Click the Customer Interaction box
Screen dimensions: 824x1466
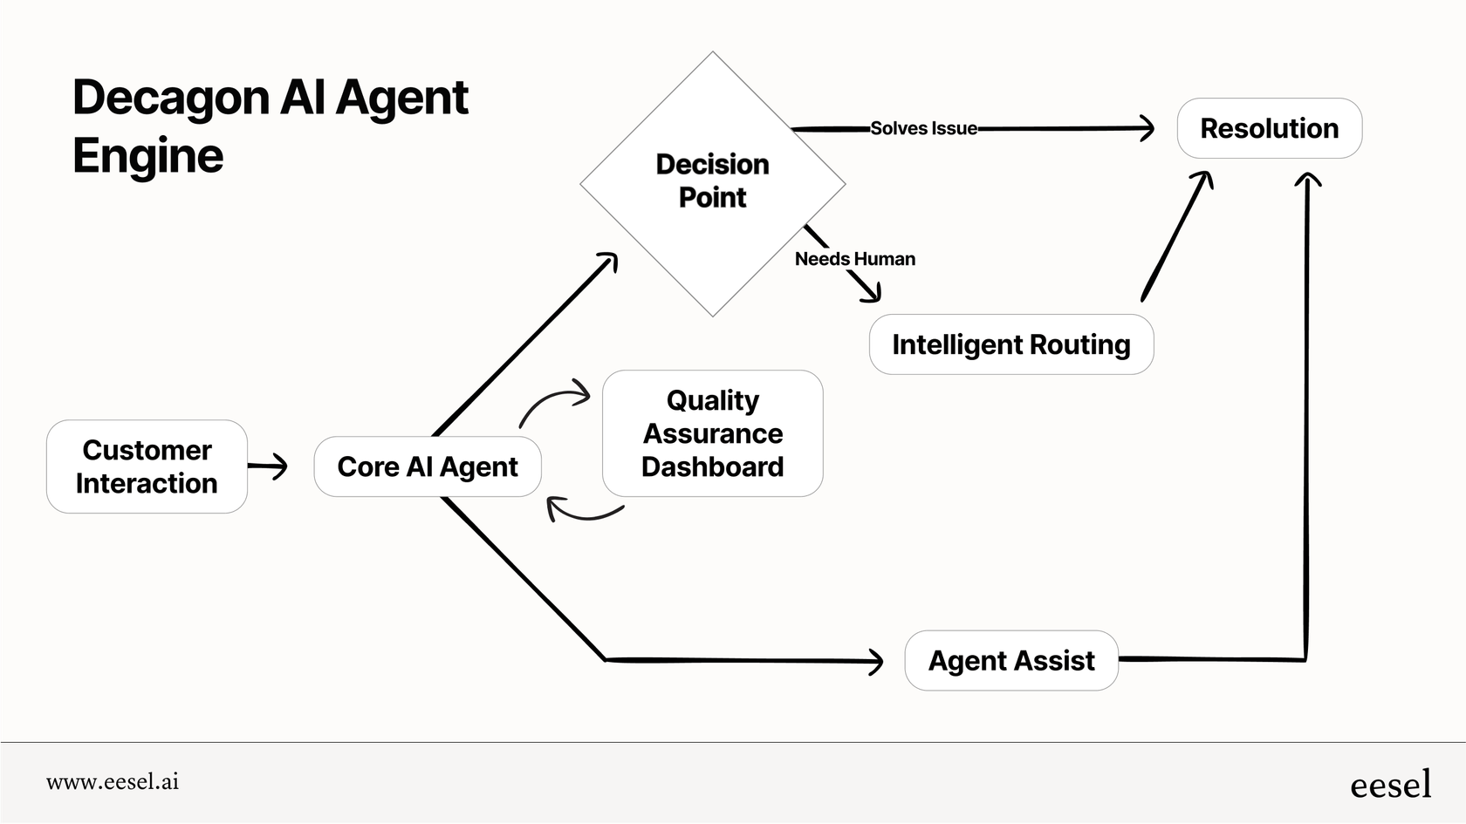[147, 466]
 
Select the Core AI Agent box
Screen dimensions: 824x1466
[427, 466]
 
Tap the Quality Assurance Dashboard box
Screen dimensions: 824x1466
[712, 433]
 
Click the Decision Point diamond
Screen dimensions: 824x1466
[712, 181]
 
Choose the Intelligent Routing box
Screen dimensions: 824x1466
[1010, 344]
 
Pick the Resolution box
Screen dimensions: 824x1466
[1269, 128]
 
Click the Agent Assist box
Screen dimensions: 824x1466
[1010, 661]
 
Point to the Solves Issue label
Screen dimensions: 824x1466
[923, 128]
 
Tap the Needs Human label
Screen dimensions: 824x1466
[854, 259]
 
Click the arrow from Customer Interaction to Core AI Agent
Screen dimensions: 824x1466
[268, 466]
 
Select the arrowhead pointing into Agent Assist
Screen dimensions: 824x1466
[874, 662]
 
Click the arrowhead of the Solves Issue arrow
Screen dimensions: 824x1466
[1146, 128]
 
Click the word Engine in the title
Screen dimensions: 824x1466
[147, 156]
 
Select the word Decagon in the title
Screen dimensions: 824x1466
[170, 98]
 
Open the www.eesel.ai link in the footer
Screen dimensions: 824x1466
[113, 782]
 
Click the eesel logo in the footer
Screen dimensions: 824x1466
[1390, 785]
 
